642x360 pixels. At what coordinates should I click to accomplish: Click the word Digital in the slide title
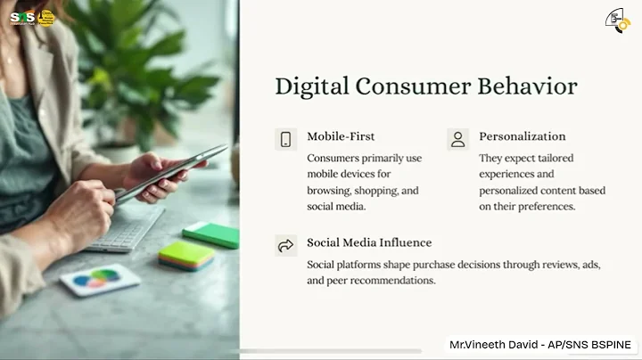(x=311, y=86)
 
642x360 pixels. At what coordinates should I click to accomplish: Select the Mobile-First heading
(x=341, y=137)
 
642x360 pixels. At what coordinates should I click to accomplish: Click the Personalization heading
(x=523, y=137)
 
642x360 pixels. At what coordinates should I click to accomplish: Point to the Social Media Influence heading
(x=369, y=243)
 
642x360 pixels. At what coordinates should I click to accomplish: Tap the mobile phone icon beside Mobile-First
(x=286, y=139)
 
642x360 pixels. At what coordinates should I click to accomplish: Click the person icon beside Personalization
(x=457, y=139)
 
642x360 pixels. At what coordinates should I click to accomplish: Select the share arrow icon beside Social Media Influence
(x=286, y=245)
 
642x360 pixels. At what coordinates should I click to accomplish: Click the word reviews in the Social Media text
(x=561, y=265)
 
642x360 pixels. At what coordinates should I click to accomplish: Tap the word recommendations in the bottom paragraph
(x=392, y=281)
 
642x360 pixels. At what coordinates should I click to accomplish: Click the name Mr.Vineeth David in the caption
(x=493, y=344)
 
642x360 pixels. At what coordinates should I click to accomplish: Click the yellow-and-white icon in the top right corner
(x=617, y=20)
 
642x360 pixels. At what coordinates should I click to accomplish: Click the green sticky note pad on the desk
(x=211, y=234)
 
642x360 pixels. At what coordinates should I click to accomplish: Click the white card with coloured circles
(x=100, y=280)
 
